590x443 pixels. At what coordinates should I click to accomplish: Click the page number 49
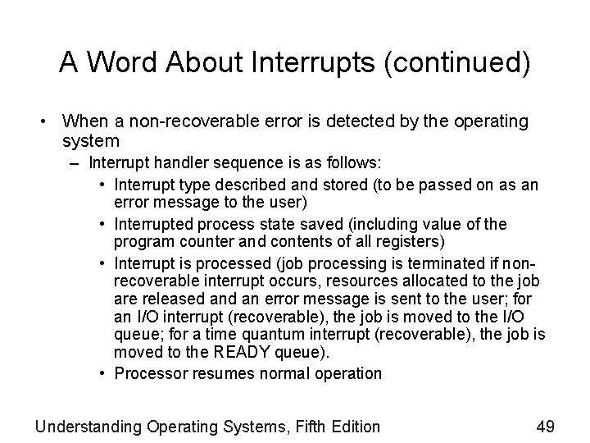[546, 426]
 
